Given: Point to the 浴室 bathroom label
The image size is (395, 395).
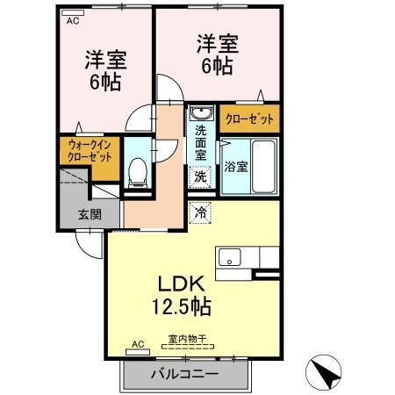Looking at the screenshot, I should coord(234,166).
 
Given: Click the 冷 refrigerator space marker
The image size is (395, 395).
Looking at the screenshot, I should coord(200,212).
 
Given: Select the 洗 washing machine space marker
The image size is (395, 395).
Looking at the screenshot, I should coord(200,176).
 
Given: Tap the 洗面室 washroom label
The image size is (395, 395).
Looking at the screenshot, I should coord(200,141).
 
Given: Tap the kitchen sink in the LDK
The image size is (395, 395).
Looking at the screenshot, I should coord(230,257).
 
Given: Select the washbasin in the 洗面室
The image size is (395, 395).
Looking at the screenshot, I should coord(201,115).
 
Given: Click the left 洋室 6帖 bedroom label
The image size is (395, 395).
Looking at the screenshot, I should coord(105,71).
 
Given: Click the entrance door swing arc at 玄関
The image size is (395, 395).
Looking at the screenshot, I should coord(88,246).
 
